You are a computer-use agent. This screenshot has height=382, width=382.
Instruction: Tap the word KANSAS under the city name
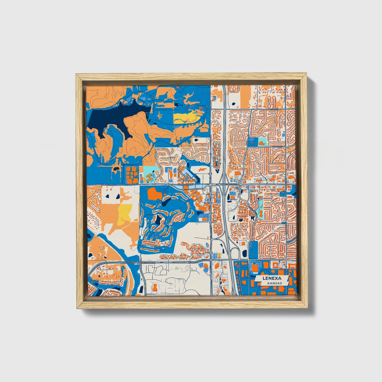274,283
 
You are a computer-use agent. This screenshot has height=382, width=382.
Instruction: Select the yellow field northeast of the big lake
185,117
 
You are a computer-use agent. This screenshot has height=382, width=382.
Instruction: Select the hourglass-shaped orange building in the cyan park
260,212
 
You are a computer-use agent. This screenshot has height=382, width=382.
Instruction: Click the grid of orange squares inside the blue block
132,174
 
